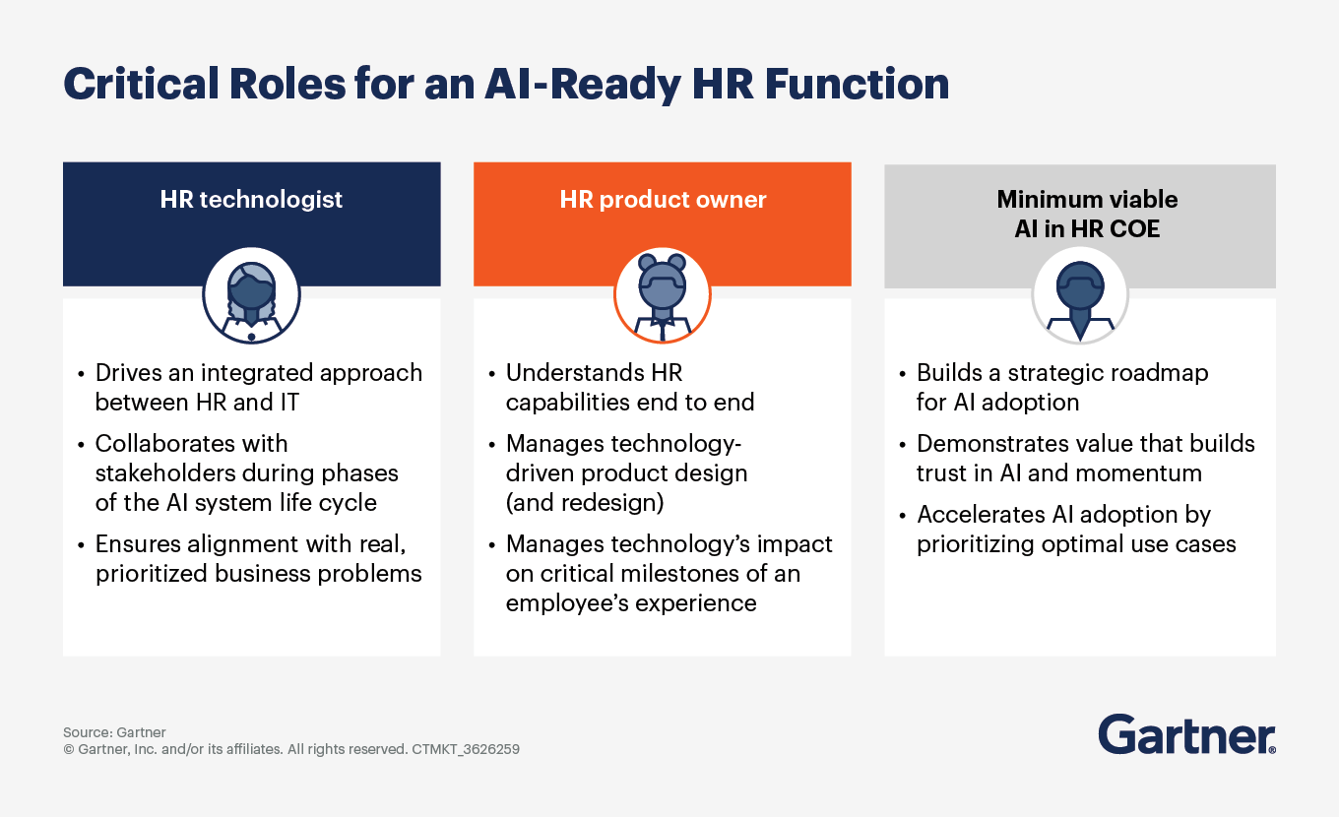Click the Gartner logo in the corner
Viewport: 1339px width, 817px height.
(1186, 735)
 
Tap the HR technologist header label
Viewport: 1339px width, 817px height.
(251, 199)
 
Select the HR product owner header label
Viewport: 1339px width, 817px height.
(663, 199)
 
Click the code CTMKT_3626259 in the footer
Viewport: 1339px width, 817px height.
(466, 749)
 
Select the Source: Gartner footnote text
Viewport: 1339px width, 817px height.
(114, 732)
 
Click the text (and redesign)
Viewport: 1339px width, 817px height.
(585, 503)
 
